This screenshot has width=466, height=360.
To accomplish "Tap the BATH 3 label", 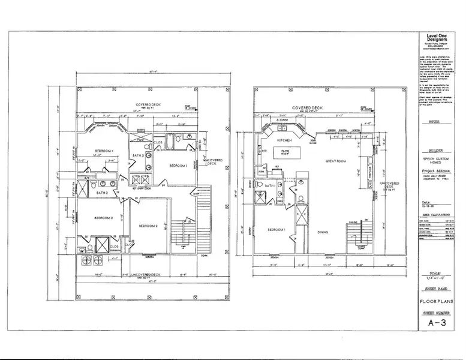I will click(137, 156).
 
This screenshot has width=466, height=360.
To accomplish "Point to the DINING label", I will click(323, 232).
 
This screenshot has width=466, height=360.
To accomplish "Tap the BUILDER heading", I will click(435, 151).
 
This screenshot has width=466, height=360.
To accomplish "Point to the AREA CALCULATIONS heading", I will click(435, 212).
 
